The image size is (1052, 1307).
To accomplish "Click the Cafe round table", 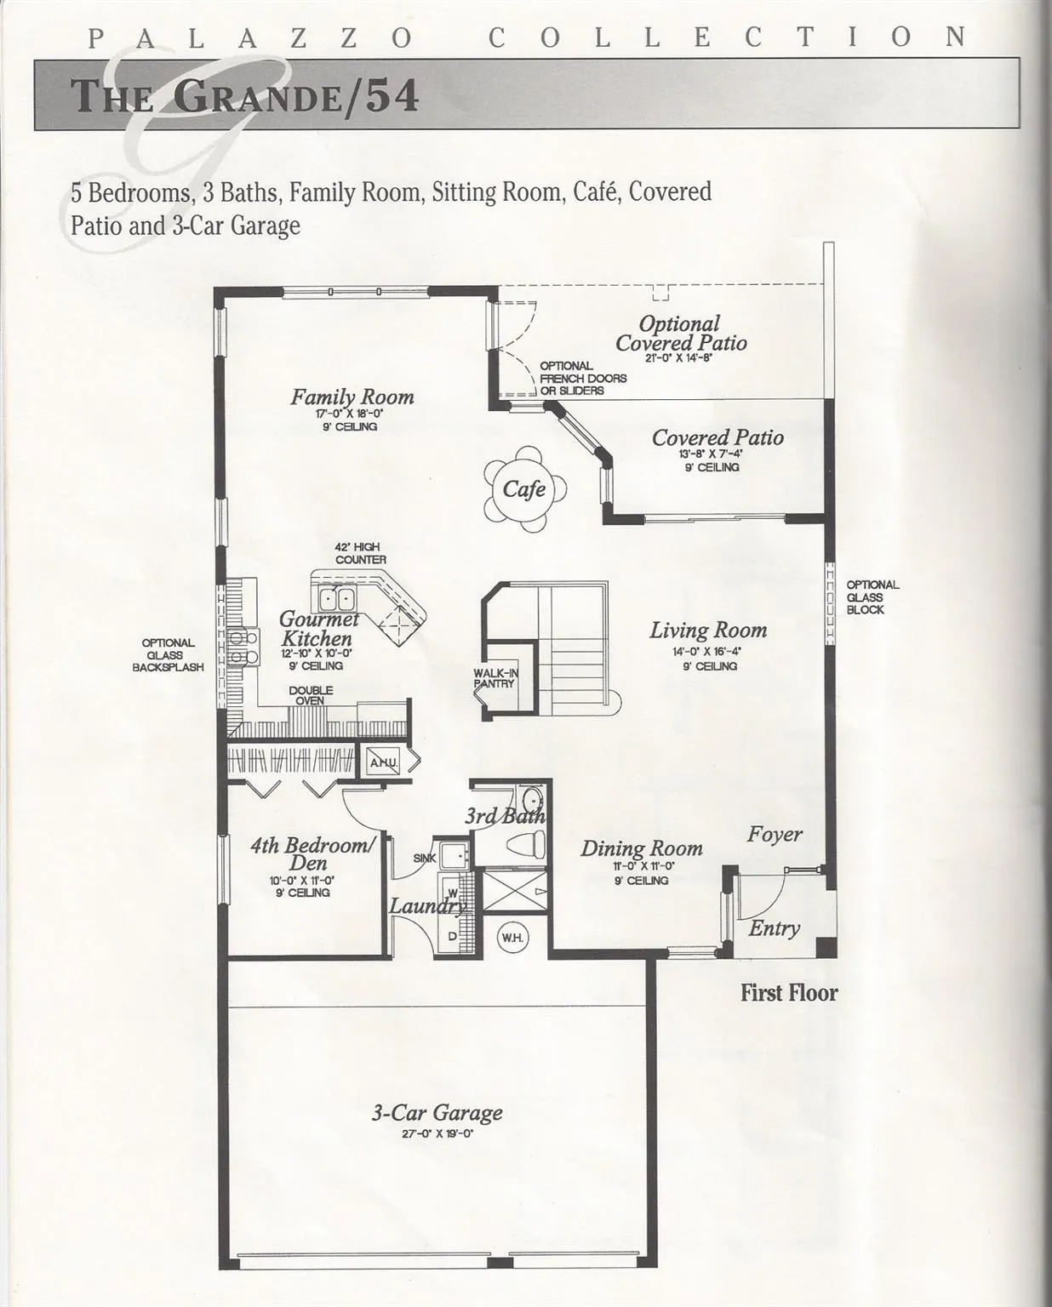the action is (524, 489).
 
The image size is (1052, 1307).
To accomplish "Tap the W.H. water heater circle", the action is (512, 937).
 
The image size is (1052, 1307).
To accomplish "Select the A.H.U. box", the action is (384, 762).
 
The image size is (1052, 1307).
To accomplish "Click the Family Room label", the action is (352, 397).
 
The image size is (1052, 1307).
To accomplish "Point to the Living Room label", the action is (708, 630).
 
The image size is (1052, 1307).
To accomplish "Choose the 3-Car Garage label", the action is (437, 1113).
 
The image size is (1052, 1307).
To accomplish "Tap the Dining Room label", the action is (641, 848).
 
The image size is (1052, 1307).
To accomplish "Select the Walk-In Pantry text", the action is (495, 678).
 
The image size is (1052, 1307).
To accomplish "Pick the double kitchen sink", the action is (336, 599).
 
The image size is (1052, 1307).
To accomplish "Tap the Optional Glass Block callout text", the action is (872, 597).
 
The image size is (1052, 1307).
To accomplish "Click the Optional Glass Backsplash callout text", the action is (168, 654).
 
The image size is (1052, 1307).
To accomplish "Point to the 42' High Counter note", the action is (360, 553).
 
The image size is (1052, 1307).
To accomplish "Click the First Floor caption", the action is (789, 993).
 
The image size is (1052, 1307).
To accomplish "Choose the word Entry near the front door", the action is (774, 928).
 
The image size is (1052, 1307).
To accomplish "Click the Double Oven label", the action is (311, 695).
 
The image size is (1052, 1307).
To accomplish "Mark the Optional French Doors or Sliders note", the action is (583, 379).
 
